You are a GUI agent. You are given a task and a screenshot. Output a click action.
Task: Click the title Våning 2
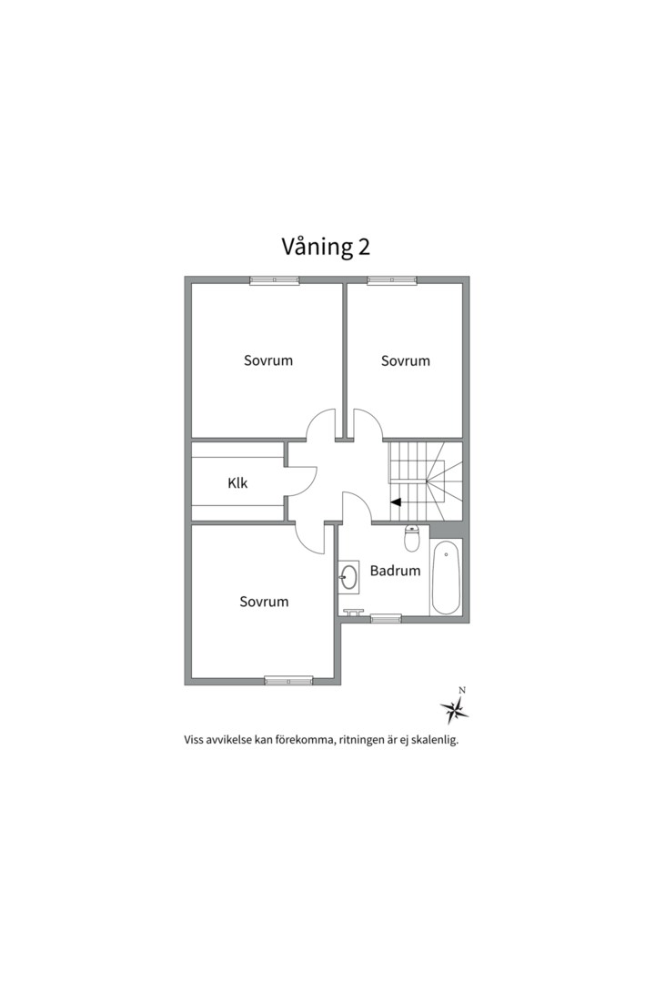tap(326, 247)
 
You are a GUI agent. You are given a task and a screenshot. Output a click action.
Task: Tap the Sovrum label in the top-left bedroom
tap(268, 360)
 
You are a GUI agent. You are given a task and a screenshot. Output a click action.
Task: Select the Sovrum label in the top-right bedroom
tap(406, 361)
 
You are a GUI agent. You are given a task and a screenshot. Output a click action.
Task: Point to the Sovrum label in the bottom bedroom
tap(265, 602)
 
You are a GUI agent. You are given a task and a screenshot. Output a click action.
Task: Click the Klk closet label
tap(237, 483)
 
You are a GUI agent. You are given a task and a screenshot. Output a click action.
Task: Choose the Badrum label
tap(395, 572)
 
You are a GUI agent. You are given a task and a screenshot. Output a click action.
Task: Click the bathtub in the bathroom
tap(447, 579)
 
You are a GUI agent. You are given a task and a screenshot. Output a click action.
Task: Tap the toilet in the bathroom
tap(411, 539)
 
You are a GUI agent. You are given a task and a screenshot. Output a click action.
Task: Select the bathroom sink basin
tap(348, 576)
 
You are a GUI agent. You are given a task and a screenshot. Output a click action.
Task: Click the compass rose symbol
tap(454, 707)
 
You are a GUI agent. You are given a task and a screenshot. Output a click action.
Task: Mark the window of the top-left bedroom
tap(275, 280)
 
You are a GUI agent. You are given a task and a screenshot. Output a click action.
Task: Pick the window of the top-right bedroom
tap(391, 280)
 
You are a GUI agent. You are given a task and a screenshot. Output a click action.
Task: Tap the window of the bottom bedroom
tap(288, 680)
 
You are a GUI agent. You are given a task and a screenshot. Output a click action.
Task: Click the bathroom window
tap(386, 619)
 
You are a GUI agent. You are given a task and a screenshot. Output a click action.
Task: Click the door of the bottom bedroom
tap(312, 539)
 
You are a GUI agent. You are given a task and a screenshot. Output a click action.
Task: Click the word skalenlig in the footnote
tap(432, 740)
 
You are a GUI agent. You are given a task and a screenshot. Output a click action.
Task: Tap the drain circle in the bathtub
tap(446, 553)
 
